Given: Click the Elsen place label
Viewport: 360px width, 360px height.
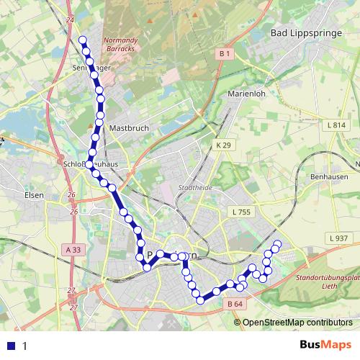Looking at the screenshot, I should click(x=34, y=195).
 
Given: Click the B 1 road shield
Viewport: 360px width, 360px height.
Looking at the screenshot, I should click(x=224, y=54).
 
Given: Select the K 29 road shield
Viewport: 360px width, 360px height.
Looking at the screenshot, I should click(x=224, y=145).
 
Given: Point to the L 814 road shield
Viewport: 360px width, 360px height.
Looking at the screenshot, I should click(x=336, y=125).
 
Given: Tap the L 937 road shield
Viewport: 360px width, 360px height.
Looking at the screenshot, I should click(x=338, y=238).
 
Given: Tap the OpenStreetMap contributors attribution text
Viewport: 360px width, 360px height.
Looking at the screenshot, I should click(x=297, y=322).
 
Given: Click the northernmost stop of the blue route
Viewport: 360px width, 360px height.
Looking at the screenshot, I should click(x=83, y=40).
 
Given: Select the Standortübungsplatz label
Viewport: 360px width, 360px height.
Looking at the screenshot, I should click(x=328, y=277).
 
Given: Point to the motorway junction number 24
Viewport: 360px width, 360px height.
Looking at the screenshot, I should click(x=69, y=19).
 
